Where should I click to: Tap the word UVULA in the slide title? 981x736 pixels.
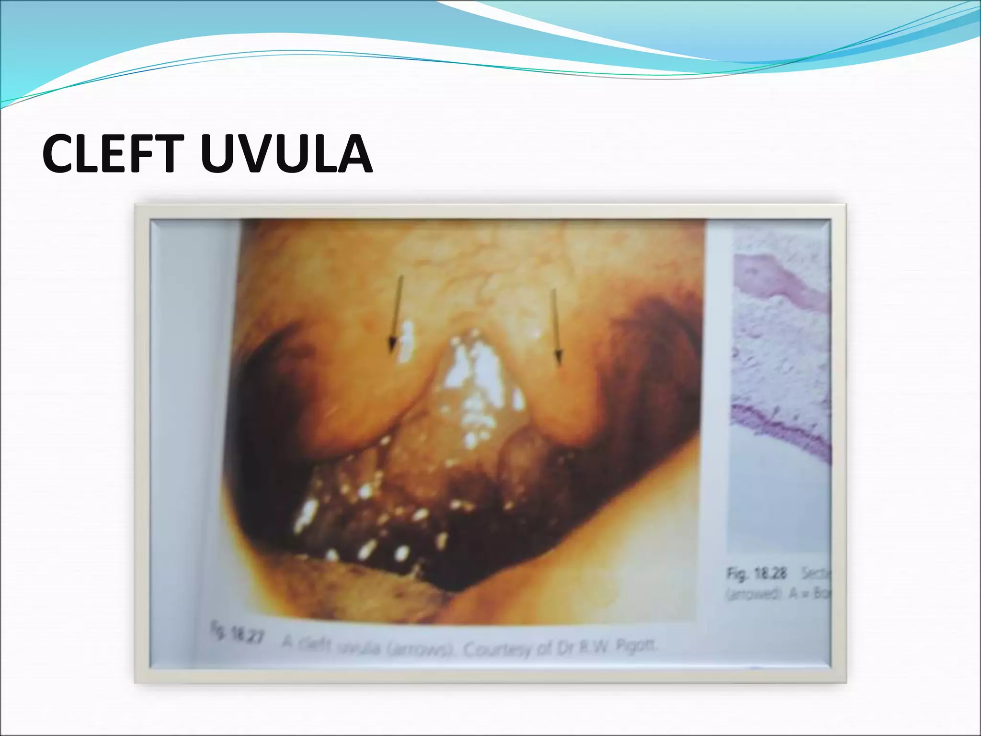[x=286, y=154]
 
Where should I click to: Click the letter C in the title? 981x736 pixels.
[x=59, y=154]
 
